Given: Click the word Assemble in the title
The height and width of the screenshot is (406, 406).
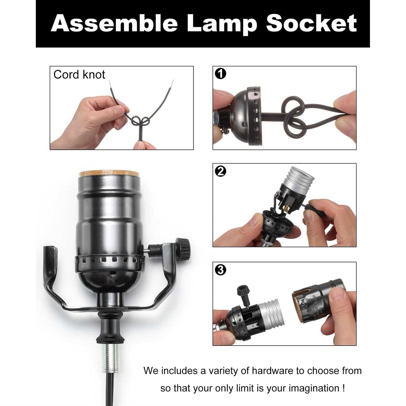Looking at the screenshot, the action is tap(114, 23).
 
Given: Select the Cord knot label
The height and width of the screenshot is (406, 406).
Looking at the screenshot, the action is tap(79, 75).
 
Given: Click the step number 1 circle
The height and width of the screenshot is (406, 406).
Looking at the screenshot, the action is tap(220, 74).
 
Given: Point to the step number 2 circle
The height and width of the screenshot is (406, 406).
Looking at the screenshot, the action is tap(220, 171).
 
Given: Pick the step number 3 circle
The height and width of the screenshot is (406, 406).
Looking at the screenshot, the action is tap(220, 270).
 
